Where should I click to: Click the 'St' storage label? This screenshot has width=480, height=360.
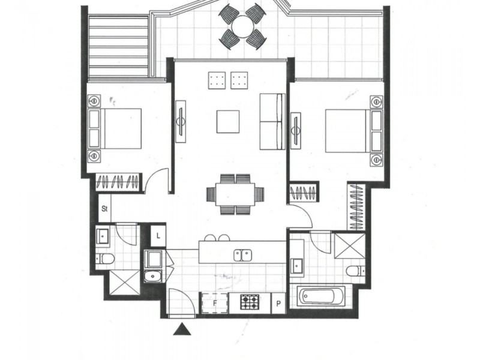click(104, 209)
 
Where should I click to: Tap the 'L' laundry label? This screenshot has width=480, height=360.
click(158, 235)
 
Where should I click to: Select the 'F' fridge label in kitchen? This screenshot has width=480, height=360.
click(215, 303)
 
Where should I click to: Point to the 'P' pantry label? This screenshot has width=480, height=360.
click(279, 303)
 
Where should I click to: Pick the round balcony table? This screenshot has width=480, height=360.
click(243, 27)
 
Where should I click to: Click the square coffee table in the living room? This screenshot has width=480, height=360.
click(229, 122)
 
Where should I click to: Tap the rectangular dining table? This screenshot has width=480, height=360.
click(235, 194)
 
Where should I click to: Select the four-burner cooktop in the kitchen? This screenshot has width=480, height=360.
click(250, 302)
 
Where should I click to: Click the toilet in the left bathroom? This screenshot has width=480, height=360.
click(106, 259)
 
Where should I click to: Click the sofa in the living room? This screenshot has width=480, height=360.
click(272, 122)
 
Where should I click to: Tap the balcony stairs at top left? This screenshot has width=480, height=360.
click(119, 46)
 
